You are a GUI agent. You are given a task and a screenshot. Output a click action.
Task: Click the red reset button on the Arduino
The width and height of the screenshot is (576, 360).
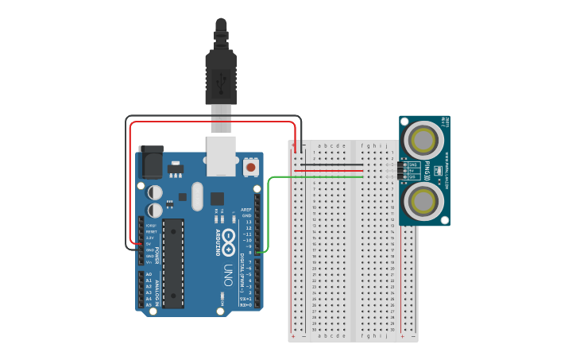pyautogui.click(x=251, y=167)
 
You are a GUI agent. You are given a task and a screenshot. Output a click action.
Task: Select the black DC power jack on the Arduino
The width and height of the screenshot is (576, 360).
pyautogui.click(x=150, y=162)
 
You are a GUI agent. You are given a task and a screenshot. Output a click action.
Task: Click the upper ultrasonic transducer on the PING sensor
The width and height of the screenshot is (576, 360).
pyautogui.click(x=421, y=141)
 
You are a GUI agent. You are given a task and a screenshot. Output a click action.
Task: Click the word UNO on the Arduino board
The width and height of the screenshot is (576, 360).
pyautogui.click(x=227, y=274)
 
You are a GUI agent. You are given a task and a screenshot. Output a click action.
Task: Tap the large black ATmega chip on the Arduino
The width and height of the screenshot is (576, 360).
pyautogui.click(x=173, y=263)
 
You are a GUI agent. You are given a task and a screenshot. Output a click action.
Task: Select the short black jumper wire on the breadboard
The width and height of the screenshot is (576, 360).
pyautogui.click(x=342, y=165)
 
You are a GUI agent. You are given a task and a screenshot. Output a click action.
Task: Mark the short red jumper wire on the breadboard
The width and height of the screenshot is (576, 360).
pyautogui.click(x=342, y=171)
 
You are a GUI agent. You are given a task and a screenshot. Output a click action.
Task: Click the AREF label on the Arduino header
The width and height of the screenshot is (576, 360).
pyautogui.click(x=246, y=209)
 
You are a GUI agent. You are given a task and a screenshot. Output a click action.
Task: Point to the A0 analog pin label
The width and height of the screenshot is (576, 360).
pyautogui.click(x=149, y=274)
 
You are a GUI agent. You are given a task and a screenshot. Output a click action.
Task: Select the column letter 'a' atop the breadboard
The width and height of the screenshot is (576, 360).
pyautogui.click(x=319, y=146)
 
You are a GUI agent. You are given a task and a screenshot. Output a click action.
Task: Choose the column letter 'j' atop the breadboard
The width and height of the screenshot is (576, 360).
pyautogui.click(x=387, y=146)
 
